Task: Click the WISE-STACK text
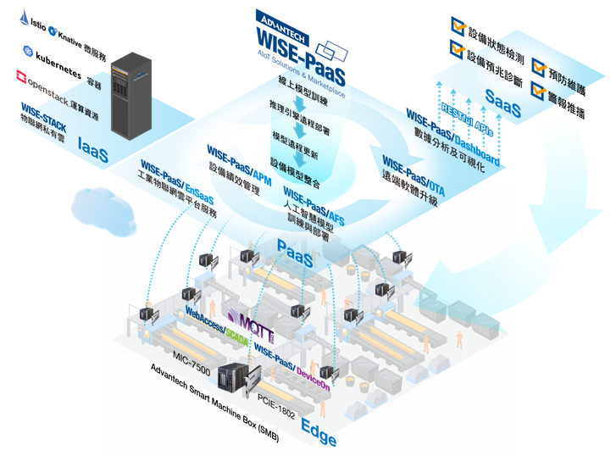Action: tap(44, 110)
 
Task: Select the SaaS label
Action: tap(502, 98)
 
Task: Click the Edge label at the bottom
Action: tap(319, 435)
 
